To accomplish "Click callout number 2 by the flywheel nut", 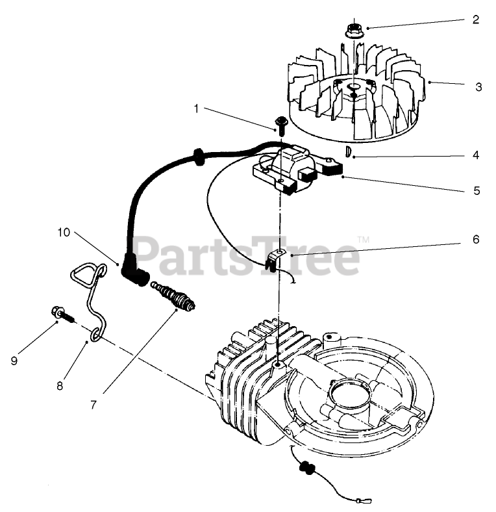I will [x=476, y=19].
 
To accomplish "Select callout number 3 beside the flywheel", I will [x=478, y=86].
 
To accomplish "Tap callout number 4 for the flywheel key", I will [x=476, y=155].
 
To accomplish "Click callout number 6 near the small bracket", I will [x=476, y=239].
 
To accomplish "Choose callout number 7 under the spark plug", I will [x=93, y=404].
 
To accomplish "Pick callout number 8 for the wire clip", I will [x=60, y=385].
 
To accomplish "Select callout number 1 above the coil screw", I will [x=196, y=109].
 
